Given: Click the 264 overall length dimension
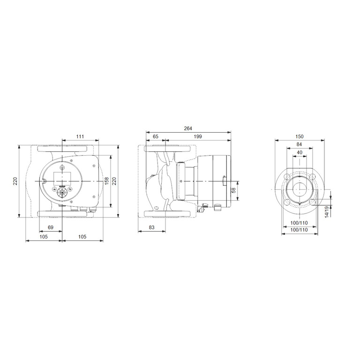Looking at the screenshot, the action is pos(188,128).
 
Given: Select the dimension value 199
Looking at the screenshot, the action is pos(198,136).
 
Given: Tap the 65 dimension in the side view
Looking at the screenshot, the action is pos(156,136).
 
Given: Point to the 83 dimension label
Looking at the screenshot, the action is pos(151,227).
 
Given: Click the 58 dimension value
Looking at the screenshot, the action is pos(234,190).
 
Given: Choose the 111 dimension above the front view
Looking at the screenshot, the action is pos(80,136).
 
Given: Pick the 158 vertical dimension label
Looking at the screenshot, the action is pos(107,181).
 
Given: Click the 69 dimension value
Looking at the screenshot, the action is pos(51,227).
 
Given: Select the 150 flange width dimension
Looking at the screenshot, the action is pos(300,136).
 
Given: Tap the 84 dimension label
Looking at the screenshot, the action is pos(299,144).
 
